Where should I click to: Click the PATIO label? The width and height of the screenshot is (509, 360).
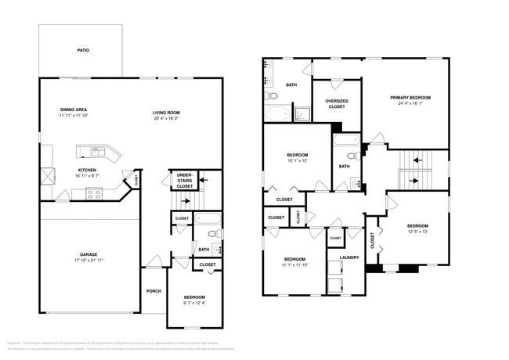click(83, 50)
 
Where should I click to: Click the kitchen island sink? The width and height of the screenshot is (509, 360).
click(95, 151)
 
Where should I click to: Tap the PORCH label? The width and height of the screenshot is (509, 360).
click(153, 291)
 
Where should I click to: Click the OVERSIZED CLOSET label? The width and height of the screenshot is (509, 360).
click(337, 103)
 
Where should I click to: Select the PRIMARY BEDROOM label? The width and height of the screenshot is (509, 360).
click(411, 98)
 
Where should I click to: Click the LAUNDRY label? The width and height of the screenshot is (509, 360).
click(348, 257)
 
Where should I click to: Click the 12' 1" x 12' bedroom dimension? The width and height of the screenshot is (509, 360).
click(297, 161)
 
